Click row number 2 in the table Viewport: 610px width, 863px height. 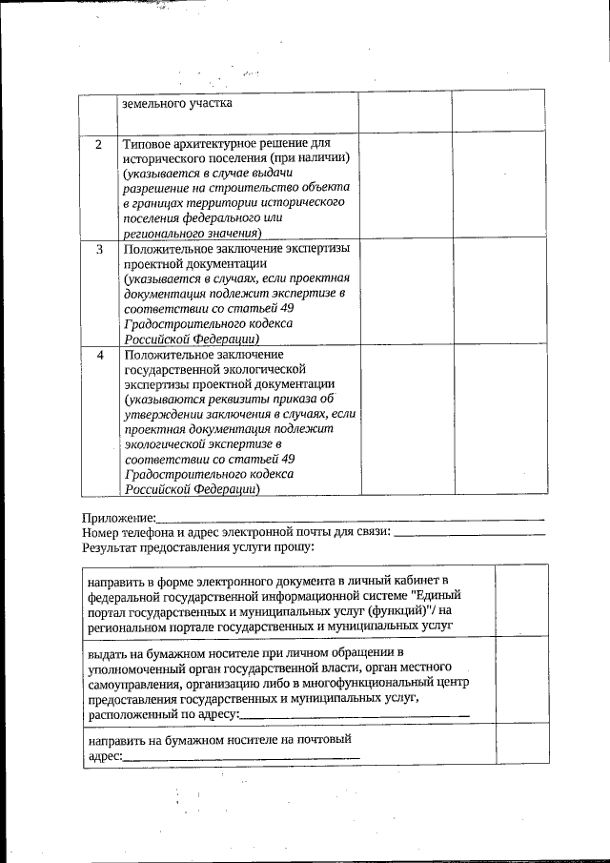coord(98,145)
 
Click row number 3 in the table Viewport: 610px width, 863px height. coord(98,249)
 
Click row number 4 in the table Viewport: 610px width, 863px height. coord(98,355)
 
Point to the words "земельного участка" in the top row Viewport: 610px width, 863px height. coord(176,103)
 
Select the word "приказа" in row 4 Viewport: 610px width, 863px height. coord(292,399)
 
